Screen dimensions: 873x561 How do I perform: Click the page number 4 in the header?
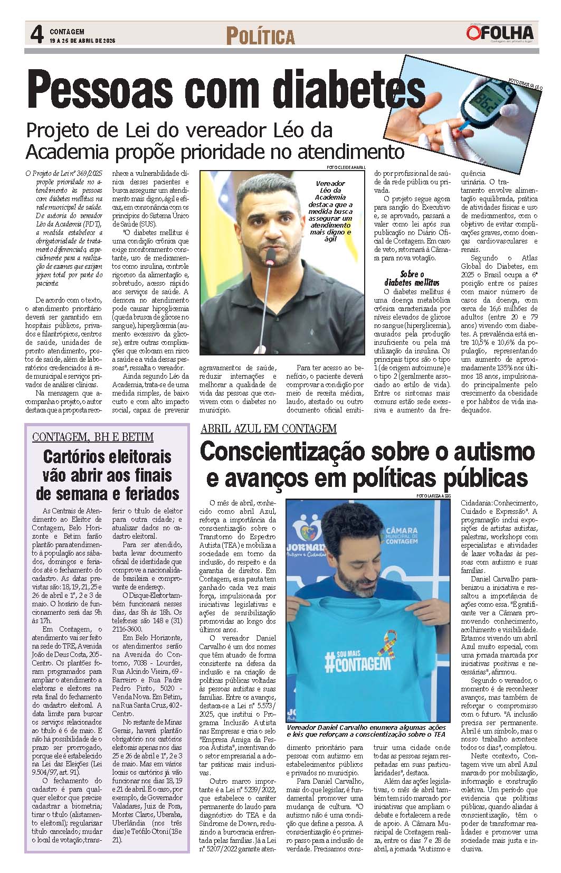point(37,36)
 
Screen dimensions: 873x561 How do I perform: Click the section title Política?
point(260,36)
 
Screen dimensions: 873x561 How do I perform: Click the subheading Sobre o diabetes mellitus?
point(413,278)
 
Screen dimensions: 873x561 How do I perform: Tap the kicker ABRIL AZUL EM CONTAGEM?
point(268,428)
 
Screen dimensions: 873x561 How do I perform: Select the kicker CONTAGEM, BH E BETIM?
point(93,437)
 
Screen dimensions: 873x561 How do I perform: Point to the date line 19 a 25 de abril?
point(83,41)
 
